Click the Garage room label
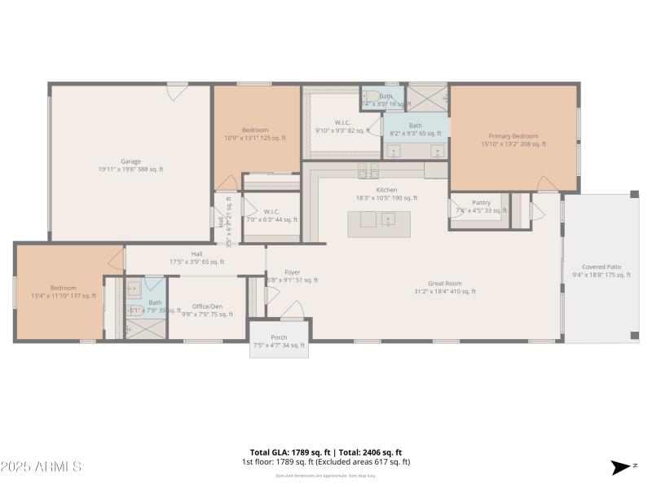tap(130, 161)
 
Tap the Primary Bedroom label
tap(513, 136)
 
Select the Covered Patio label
tap(599, 267)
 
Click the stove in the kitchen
tap(369, 170)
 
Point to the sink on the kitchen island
tap(388, 218)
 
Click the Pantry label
tap(481, 202)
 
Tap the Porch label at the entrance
tap(279, 337)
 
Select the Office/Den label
tap(207, 306)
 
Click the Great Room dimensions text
tap(445, 292)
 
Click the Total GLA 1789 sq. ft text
tap(289, 452)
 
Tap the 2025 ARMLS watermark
tap(41, 467)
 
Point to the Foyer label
tap(292, 272)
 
